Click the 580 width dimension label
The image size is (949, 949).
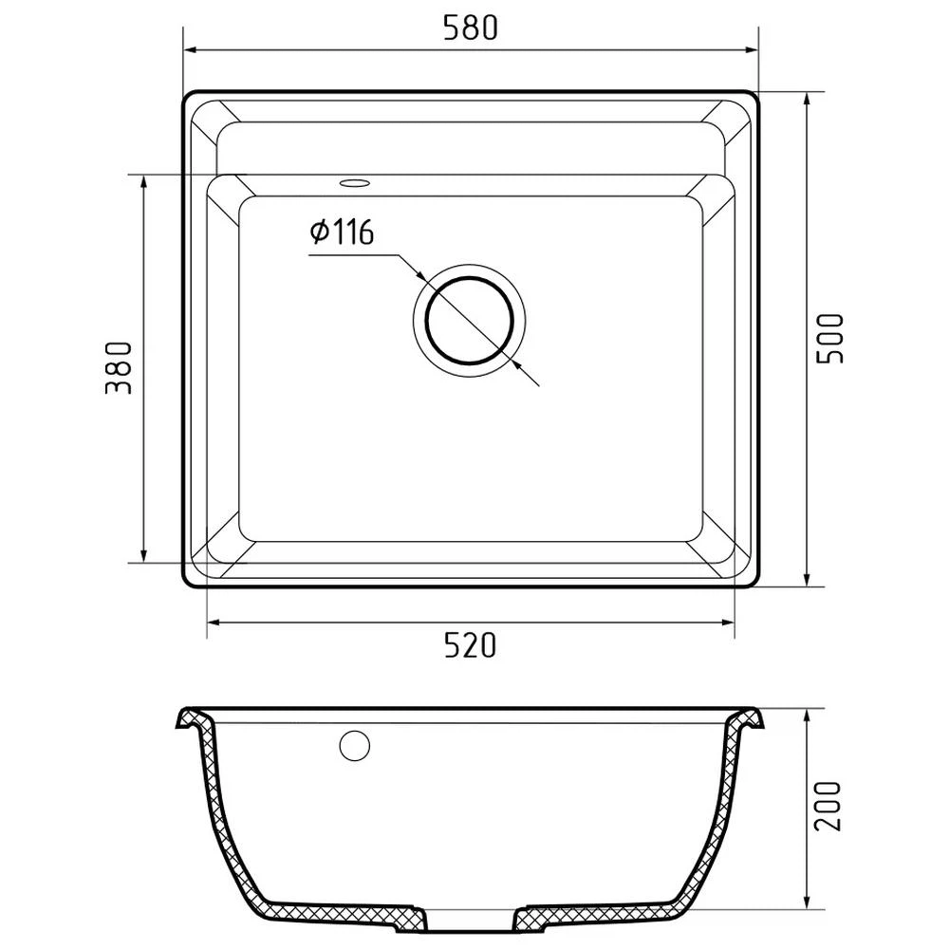[x=471, y=28]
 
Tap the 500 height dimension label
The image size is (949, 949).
[x=829, y=339]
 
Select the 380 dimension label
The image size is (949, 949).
[x=119, y=368]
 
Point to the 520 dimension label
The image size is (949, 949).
[x=471, y=645]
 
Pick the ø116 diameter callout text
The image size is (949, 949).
[x=342, y=232]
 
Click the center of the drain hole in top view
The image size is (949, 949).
[x=469, y=320]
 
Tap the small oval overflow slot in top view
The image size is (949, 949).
[x=355, y=182]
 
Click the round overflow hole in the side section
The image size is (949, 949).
[x=355, y=746]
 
